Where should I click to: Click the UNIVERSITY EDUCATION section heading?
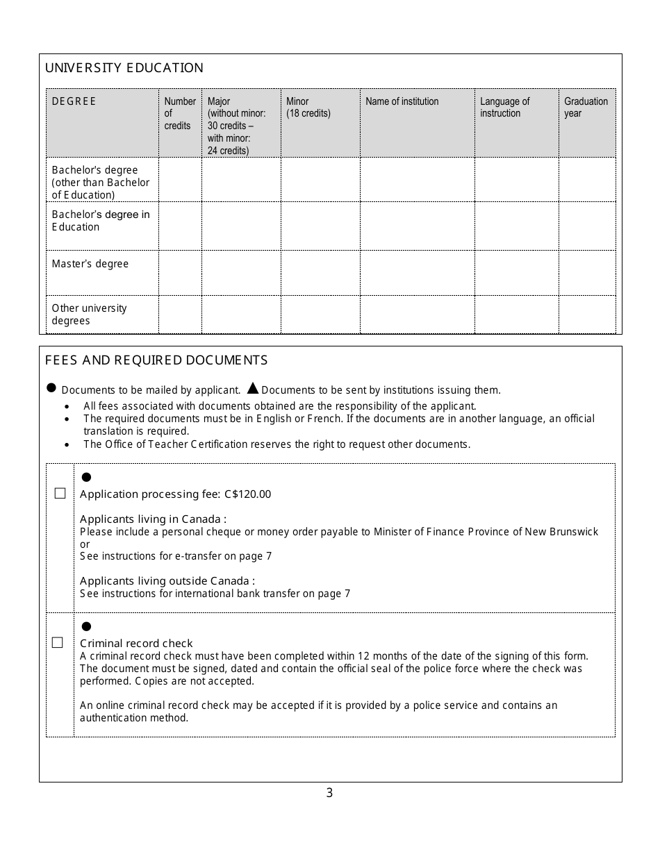pos(124,68)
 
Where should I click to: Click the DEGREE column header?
pos(74,101)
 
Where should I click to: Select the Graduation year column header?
pos(586,107)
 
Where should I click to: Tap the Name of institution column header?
pos(402,101)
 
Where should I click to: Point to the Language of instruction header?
pos(504,107)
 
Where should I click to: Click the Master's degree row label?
pos(90,264)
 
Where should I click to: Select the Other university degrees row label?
pos(89,315)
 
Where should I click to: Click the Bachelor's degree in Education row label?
pos(100,221)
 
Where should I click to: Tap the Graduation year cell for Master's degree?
pos(587,273)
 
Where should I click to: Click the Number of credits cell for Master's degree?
pos(180,273)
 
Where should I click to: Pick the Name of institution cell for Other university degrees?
pos(417,315)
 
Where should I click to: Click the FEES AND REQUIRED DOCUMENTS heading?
pos(156,360)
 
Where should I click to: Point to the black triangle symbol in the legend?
pos(253,389)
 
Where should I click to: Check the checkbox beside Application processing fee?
pos(60,494)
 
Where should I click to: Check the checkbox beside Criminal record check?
pos(58,643)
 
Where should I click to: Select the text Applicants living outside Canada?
pos(167,580)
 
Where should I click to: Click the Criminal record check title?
pos(136,644)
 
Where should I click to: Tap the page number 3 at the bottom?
pos(329,793)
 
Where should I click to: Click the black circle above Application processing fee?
pos(86,477)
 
